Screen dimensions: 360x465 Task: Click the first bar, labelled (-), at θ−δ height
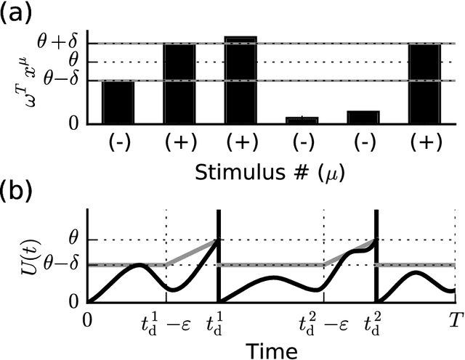(x=118, y=104)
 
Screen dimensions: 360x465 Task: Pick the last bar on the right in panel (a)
(x=425, y=85)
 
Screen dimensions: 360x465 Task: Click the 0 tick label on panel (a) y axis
(x=73, y=126)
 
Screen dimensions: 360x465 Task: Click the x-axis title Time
(x=270, y=351)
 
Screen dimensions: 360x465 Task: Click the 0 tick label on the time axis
(x=88, y=319)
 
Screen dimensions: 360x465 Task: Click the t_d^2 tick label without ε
(x=377, y=321)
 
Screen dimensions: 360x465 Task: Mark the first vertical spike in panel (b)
(x=219, y=254)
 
